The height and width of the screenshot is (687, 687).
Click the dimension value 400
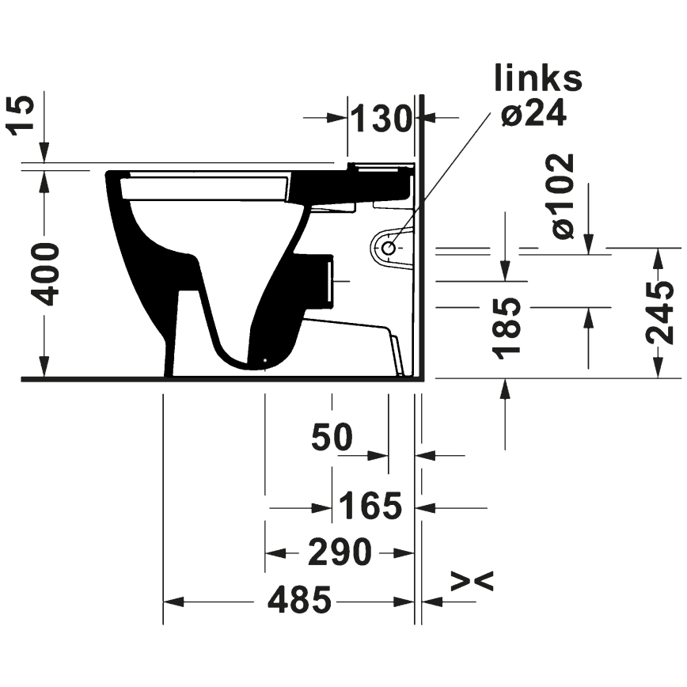(x=47, y=274)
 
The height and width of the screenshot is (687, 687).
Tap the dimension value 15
(x=25, y=116)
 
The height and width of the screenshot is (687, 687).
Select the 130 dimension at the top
(x=381, y=119)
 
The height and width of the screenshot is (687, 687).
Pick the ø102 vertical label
(x=563, y=196)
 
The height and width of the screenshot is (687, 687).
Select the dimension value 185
(x=507, y=328)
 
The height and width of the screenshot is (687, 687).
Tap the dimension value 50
(x=332, y=437)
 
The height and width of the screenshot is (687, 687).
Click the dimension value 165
(x=371, y=505)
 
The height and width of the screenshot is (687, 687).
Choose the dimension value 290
(x=340, y=552)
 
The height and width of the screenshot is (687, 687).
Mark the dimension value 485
(x=298, y=602)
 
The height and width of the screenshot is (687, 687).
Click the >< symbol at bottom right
(x=472, y=582)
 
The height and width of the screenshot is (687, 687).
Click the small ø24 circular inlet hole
(x=388, y=248)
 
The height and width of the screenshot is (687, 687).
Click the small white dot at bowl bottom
(x=264, y=364)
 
